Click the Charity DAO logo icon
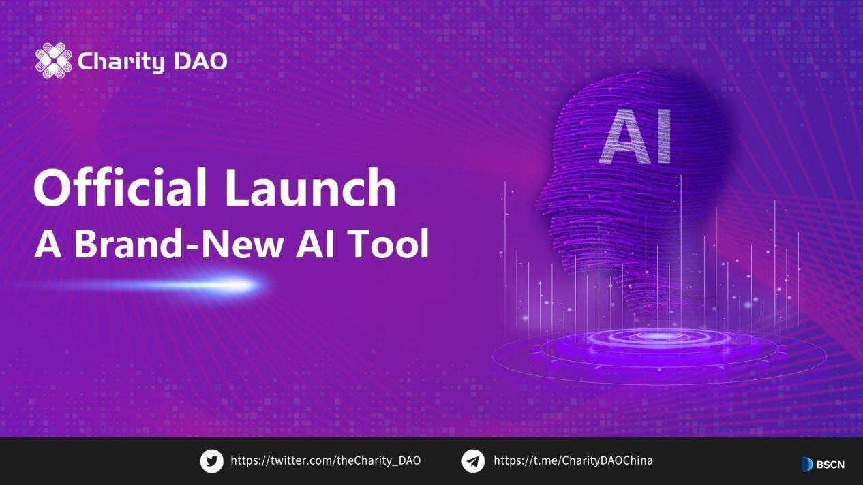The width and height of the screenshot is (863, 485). (x=53, y=61)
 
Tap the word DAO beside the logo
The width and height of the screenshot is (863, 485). (x=200, y=61)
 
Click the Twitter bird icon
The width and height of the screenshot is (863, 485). (x=211, y=461)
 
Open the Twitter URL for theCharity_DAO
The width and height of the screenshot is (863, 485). (x=326, y=460)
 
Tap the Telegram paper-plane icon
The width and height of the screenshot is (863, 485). (x=473, y=461)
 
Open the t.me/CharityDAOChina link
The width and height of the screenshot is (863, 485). (x=573, y=460)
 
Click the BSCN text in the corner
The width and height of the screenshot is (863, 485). (x=831, y=465)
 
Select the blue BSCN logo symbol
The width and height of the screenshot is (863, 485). (x=807, y=465)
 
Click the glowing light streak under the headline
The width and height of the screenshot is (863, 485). (x=225, y=284)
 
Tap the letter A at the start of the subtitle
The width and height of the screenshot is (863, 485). (x=48, y=243)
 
